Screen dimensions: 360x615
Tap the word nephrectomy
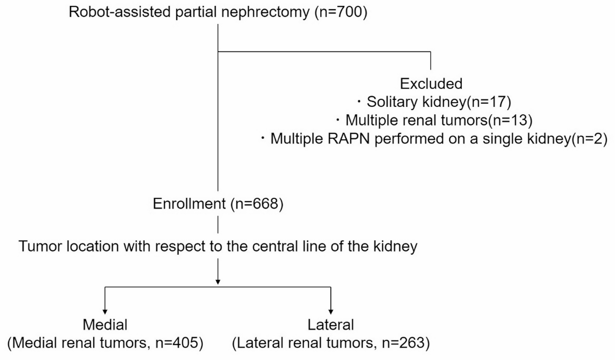(x=265, y=12)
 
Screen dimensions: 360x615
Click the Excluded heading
(x=431, y=84)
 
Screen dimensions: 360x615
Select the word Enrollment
(x=189, y=204)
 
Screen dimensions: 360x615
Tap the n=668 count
(x=257, y=204)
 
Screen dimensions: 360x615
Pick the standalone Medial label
(x=105, y=325)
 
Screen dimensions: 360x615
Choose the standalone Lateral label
(x=330, y=325)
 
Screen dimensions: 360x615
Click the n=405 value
(x=177, y=343)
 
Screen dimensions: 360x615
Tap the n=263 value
(x=403, y=343)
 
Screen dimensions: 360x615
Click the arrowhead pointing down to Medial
(x=105, y=312)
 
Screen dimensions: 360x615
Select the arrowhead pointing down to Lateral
(x=331, y=312)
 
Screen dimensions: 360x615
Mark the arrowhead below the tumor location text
(x=218, y=282)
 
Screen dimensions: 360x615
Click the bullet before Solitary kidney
(x=359, y=101)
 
